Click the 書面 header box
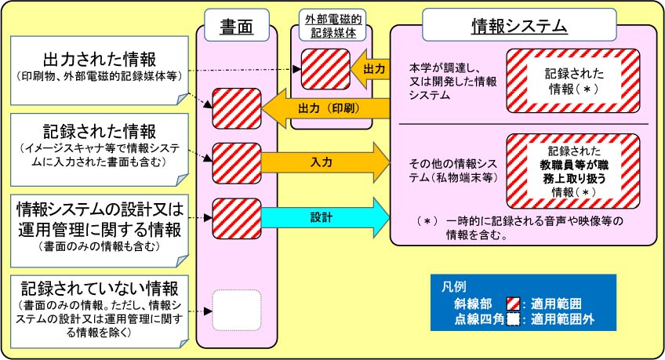(237, 27)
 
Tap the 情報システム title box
(519, 27)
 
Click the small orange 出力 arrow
(369, 69)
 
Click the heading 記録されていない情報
(99, 286)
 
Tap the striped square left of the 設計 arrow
(231, 216)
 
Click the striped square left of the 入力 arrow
(231, 161)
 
